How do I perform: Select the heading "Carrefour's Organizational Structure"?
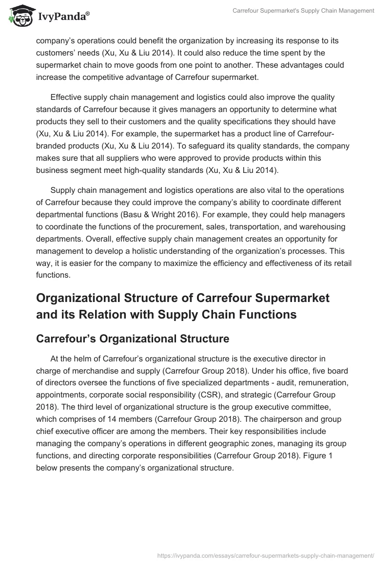133,339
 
